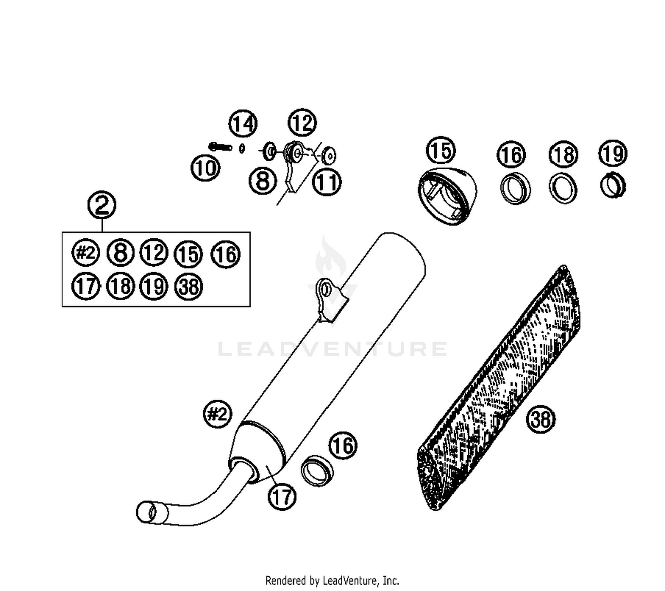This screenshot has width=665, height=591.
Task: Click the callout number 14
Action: [243, 124]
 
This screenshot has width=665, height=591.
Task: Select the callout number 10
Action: [205, 168]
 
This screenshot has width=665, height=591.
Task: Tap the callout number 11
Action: [327, 182]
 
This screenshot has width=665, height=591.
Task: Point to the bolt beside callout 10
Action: [220, 146]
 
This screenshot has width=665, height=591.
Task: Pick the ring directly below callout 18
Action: [563, 188]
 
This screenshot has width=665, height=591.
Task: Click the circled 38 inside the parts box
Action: [189, 287]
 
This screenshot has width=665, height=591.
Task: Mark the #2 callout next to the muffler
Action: [217, 415]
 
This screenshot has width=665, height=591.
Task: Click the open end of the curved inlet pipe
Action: [146, 513]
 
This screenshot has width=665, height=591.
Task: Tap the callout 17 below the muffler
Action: [282, 497]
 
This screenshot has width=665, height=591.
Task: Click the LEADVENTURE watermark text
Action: [332, 349]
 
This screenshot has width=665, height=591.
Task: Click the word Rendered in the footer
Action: [286, 580]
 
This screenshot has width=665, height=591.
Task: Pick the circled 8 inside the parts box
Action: [121, 253]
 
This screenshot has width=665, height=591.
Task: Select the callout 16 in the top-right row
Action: [512, 155]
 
